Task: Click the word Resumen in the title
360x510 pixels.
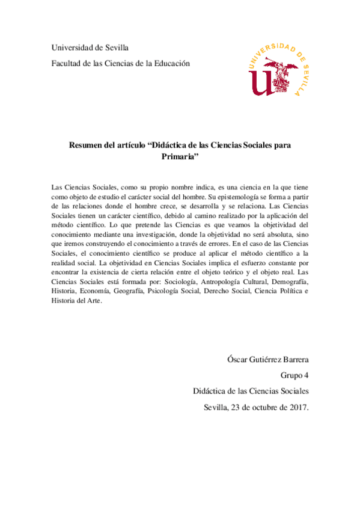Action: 88,145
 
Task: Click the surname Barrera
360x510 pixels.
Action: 293,360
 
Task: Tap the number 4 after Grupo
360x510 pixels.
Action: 306,376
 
